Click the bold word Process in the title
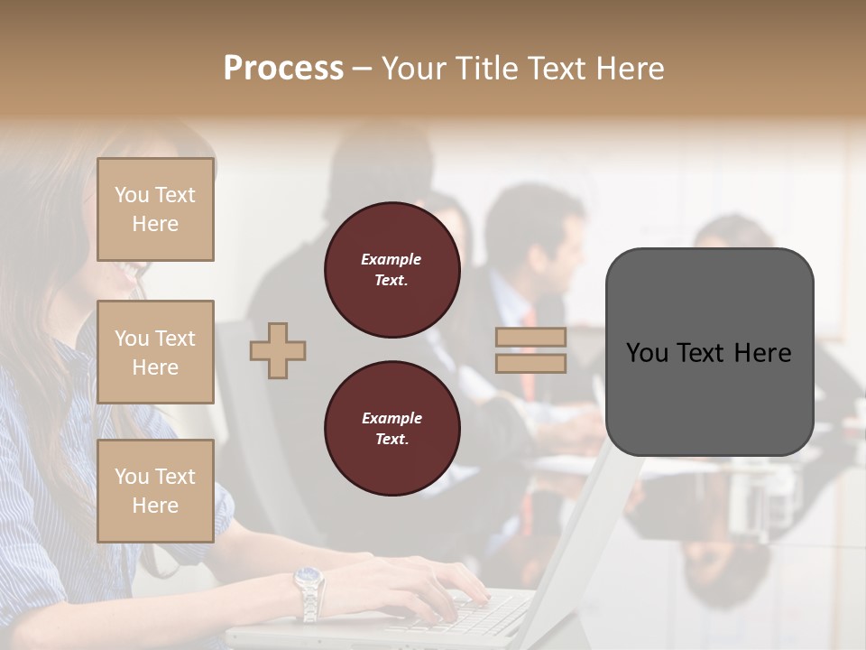point(283,68)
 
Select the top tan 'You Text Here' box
point(155,209)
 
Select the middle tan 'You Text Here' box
point(155,352)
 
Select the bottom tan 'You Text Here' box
point(155,490)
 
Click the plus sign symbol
point(278,350)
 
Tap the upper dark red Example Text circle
point(392,270)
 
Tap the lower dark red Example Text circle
point(392,429)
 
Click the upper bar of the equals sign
point(530,337)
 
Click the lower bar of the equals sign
point(530,363)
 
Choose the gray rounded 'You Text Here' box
point(709,397)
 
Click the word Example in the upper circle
point(392,259)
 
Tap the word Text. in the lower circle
point(392,440)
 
